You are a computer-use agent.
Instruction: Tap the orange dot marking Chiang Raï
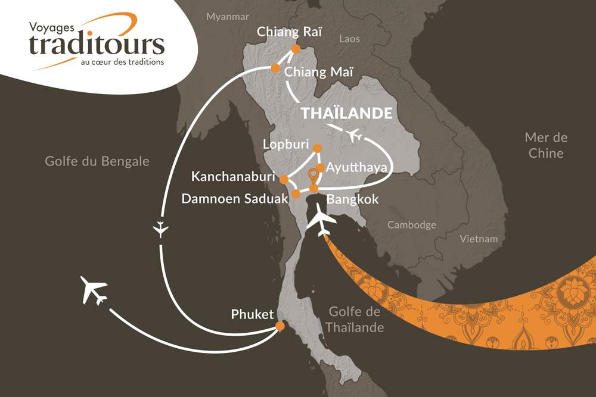[x=296, y=49]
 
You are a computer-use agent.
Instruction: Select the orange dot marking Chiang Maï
[x=275, y=68]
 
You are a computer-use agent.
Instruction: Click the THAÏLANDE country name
[x=346, y=114]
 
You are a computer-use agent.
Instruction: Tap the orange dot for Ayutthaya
[x=321, y=168]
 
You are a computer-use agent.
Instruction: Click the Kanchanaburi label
[x=232, y=177]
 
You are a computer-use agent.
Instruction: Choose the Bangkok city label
[x=352, y=199]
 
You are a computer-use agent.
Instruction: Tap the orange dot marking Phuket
[x=280, y=326]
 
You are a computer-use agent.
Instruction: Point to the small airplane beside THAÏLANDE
[x=356, y=136]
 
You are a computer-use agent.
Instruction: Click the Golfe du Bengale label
[x=97, y=162]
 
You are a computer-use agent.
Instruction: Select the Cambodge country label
[x=412, y=225]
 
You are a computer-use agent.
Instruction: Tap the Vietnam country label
[x=479, y=239]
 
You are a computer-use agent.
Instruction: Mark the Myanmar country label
[x=227, y=17]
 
